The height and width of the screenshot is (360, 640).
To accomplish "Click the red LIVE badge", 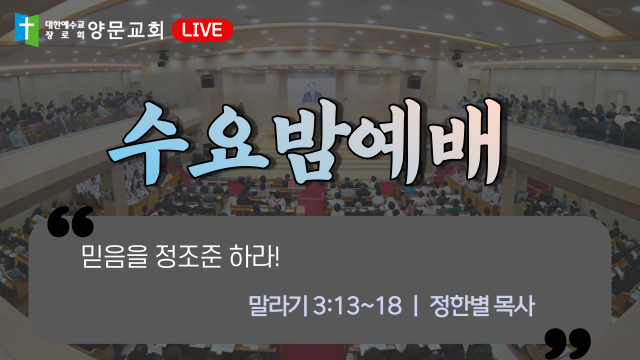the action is [202, 30].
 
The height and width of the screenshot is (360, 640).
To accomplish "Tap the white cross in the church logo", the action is [27, 27].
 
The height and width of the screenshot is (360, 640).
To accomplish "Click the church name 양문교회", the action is [125, 30].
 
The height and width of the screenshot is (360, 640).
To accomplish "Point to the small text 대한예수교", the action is [65, 25].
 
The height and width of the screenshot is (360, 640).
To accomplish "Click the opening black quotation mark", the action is [70, 221].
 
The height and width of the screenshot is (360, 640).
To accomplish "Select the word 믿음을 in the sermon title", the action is [114, 256].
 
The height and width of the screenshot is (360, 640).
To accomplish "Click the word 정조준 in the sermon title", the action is [188, 256].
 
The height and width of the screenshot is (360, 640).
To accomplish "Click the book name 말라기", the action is [278, 305].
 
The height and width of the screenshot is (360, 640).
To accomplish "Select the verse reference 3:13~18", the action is [357, 305].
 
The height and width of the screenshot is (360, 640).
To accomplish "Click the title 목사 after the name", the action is [515, 305].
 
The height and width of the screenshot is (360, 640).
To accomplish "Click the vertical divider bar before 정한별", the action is [415, 305].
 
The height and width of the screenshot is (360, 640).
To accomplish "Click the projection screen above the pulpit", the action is [311, 91].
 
